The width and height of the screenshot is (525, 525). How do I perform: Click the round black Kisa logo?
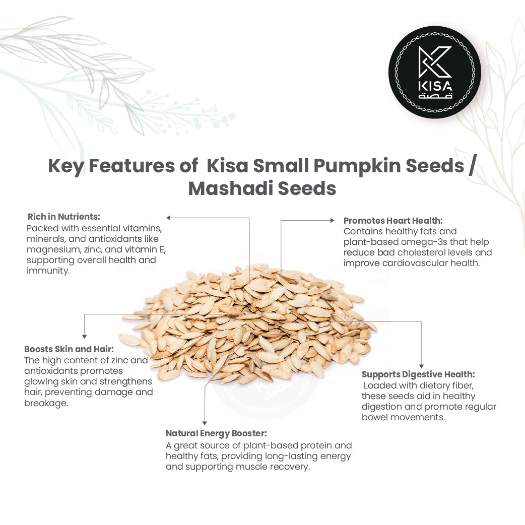[434, 72]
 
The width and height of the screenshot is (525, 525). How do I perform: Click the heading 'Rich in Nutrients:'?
[64, 217]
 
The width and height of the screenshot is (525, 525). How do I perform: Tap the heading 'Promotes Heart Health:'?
[393, 221]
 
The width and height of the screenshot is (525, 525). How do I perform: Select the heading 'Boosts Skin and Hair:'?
[69, 349]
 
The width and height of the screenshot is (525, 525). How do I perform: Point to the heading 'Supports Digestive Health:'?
[418, 374]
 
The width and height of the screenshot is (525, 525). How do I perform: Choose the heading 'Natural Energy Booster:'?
[216, 433]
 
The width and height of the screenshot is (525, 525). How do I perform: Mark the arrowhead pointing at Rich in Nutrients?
[169, 218]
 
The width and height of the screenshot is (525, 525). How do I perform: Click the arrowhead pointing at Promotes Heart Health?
[332, 220]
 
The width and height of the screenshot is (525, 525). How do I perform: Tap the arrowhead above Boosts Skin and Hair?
[84, 336]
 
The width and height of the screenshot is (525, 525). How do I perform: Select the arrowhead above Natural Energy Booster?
[204, 423]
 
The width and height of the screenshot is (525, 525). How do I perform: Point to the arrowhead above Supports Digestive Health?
[421, 366]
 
